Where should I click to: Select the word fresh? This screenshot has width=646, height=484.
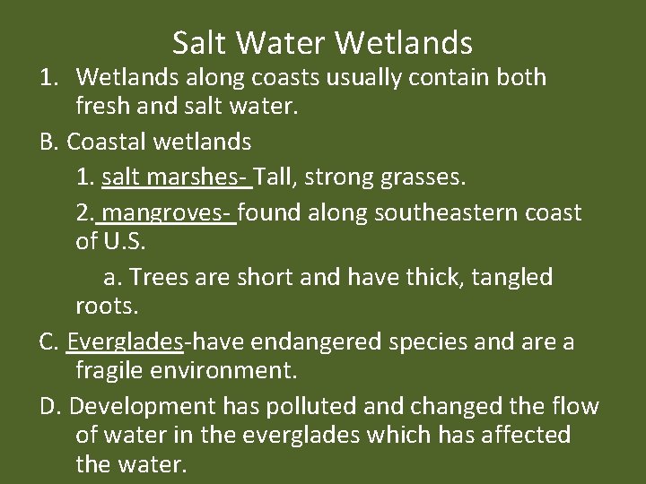point(104,108)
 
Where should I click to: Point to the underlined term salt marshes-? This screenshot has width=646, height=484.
point(177,177)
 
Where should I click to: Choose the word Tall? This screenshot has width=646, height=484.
point(278,177)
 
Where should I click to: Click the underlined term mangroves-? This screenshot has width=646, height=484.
point(169,213)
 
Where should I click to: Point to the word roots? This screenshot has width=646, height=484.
point(107,307)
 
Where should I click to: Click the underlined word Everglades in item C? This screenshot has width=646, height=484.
point(126,342)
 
